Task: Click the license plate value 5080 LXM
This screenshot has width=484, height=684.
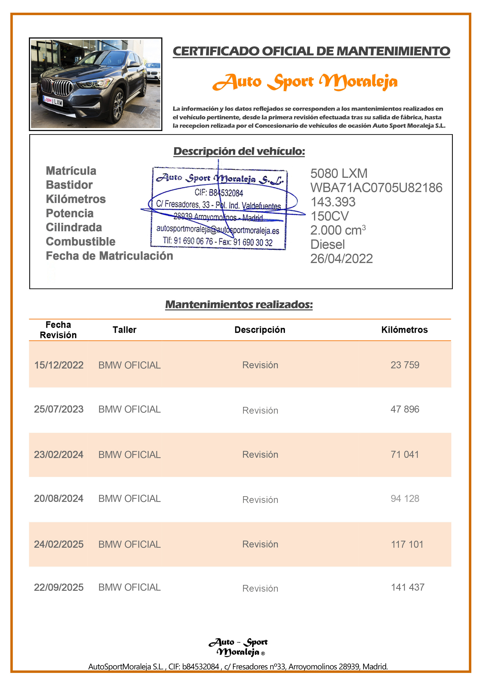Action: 339,173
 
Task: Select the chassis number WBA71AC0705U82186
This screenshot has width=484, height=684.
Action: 376,188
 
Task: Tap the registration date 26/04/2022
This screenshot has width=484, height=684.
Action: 342,259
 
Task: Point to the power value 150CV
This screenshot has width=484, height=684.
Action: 329,216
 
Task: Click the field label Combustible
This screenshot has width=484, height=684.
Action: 81,242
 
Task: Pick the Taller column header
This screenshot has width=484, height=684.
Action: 124,330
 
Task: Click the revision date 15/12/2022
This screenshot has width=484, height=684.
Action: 59,365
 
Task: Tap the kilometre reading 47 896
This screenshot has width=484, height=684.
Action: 405,409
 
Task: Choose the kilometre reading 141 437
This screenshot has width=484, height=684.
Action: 407,587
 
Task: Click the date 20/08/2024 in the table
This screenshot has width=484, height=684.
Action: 59,498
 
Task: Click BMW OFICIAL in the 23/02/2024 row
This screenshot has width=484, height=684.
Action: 129,455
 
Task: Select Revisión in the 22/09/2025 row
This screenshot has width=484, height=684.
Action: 260,588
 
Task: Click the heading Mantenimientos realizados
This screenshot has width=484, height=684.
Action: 239,304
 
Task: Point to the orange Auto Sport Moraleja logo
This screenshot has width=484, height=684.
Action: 305,82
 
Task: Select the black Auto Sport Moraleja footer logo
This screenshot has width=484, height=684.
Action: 238,647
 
